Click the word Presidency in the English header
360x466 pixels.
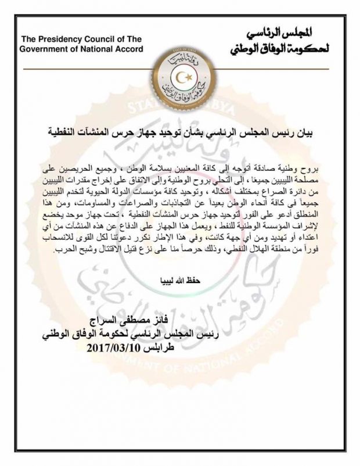tap(60, 39)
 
